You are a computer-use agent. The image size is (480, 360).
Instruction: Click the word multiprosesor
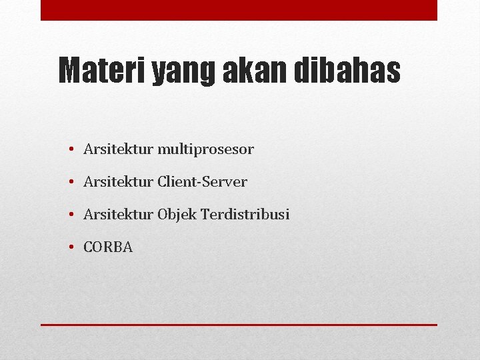(205, 150)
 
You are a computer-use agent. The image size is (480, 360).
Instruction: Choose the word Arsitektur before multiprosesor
(118, 149)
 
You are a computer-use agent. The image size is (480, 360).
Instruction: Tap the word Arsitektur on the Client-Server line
(118, 182)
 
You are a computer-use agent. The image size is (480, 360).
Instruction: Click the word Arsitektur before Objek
(118, 215)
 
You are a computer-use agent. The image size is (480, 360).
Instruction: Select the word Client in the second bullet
(175, 182)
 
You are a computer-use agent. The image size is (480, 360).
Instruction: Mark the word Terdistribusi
(245, 215)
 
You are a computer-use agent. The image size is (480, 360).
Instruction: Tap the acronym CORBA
(108, 247)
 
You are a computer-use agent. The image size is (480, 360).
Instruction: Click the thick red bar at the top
(239, 10)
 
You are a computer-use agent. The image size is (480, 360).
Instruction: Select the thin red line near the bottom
(239, 325)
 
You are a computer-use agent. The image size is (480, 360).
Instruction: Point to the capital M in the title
(69, 71)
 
